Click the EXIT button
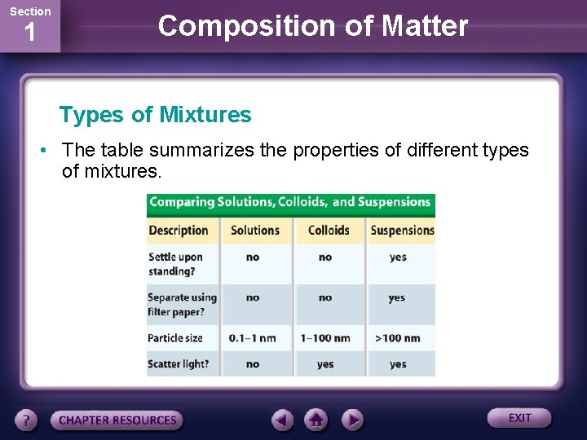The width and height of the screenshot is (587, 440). (519, 418)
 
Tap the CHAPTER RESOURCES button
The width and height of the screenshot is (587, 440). (117, 420)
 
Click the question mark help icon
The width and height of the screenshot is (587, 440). (27, 420)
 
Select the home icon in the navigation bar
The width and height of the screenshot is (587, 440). (316, 420)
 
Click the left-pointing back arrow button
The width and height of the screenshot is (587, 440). (282, 420)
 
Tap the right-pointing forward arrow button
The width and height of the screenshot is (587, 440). (351, 420)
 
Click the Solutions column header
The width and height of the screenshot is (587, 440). (255, 231)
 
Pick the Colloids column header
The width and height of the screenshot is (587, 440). (329, 231)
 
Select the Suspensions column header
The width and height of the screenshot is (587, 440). (402, 231)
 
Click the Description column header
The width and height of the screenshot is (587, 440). (179, 231)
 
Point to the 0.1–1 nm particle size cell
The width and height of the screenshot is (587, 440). (253, 338)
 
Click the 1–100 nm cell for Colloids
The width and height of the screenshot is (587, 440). (325, 338)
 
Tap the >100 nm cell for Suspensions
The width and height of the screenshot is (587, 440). (397, 338)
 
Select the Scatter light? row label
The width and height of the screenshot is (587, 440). (179, 364)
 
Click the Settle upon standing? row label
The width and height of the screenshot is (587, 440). (175, 263)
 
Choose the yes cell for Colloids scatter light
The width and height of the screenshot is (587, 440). (325, 364)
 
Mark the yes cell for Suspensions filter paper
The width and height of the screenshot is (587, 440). (397, 298)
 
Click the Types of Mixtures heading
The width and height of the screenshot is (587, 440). (156, 115)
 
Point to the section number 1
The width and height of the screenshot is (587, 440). (29, 34)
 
